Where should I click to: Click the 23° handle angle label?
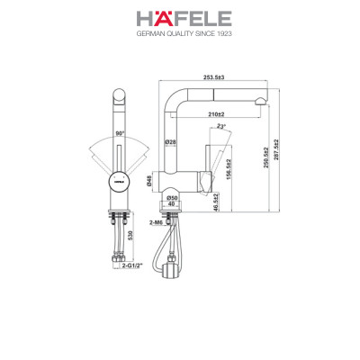click(x=221, y=128)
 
